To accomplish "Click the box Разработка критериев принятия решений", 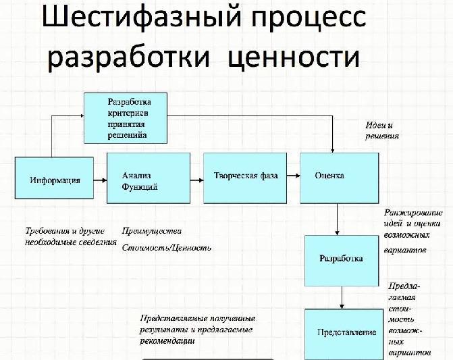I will coord(125,118).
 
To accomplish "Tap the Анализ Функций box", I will coord(140,178).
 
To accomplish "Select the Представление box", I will coord(346,334).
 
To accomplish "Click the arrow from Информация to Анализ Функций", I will coord(101,180).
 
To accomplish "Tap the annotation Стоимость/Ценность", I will coord(167,248).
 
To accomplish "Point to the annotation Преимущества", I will coord(152,231).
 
